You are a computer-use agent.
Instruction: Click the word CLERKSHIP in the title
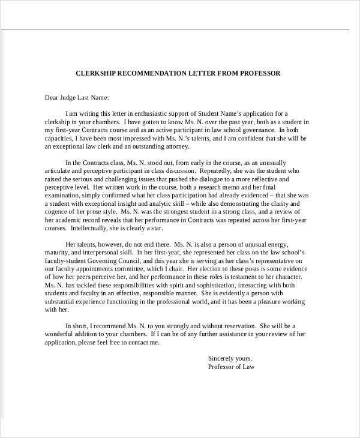[x=97, y=73]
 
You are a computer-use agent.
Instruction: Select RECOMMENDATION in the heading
[x=158, y=73]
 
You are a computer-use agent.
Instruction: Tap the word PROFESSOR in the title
[x=259, y=73]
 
